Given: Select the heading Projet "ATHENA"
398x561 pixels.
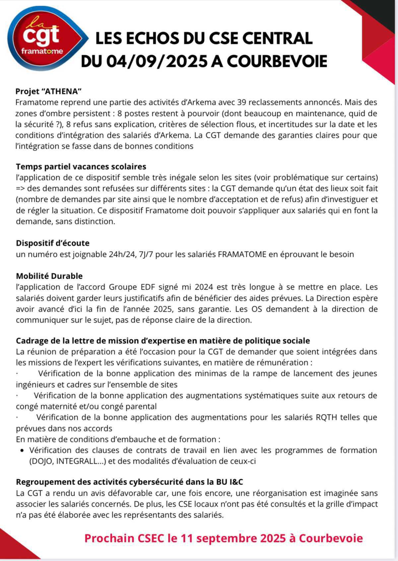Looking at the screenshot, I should (x=48, y=91).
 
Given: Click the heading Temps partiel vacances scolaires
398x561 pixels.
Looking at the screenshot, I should (x=81, y=166).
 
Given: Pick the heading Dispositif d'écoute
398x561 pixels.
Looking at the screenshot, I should (x=53, y=243).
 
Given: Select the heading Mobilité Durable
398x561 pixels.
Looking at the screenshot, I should (x=49, y=276).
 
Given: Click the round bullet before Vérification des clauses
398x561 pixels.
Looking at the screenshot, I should (x=22, y=450).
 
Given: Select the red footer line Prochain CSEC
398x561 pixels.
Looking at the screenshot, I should (x=223, y=538).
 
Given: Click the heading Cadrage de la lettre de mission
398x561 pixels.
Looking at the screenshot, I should (x=163, y=341).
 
